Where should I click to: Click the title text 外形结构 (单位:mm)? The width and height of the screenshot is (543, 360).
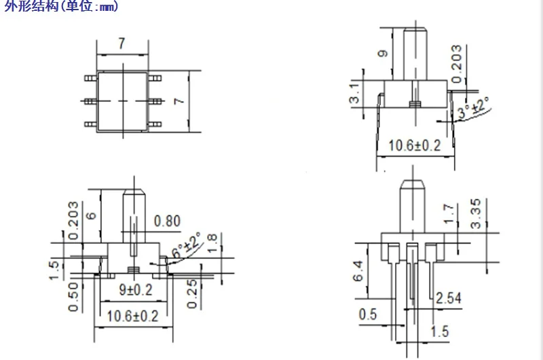click(61, 5)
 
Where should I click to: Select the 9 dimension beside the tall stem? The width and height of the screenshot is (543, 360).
click(383, 54)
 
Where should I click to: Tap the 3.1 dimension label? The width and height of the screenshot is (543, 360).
click(354, 93)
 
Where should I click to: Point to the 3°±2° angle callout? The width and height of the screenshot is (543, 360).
click(473, 108)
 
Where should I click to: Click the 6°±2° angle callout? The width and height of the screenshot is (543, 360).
click(186, 245)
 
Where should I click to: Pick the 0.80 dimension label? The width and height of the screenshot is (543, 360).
click(167, 221)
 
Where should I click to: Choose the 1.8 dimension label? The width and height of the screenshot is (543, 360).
click(212, 243)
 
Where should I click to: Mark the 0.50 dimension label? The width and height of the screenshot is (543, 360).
click(73, 297)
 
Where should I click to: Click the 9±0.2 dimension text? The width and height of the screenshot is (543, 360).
click(135, 289)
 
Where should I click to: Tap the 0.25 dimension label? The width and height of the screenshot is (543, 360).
click(191, 294)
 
